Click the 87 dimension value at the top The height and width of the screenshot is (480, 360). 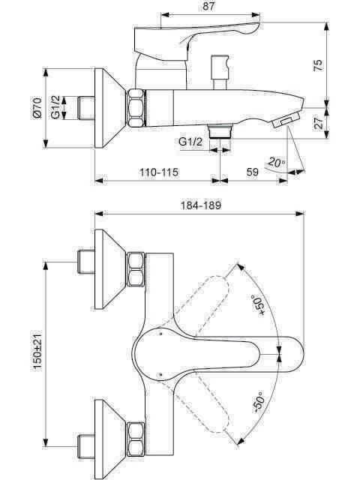point(208,7)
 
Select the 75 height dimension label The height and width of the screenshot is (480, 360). point(318,65)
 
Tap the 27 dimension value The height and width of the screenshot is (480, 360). point(318,123)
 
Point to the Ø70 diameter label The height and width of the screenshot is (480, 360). point(37,108)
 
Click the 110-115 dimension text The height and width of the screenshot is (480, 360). point(158,172)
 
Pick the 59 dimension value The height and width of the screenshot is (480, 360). point(253,172)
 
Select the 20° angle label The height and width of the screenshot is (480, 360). point(277,162)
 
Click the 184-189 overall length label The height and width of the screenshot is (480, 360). point(200,205)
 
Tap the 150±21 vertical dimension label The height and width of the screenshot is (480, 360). point(37,351)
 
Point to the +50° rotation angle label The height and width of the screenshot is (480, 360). point(258,305)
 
